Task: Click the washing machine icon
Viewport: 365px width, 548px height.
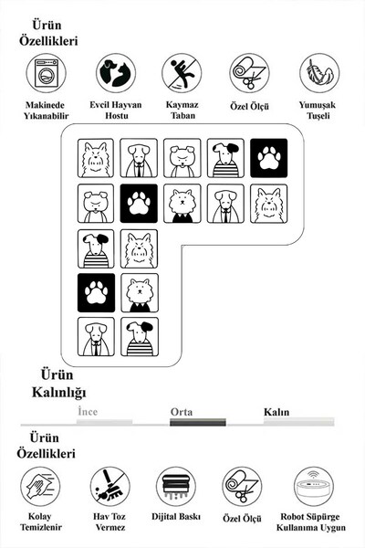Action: pyautogui.click(x=47, y=73)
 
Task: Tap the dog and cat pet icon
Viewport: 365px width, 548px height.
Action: pyautogui.click(x=116, y=73)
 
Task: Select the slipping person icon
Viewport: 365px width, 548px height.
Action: pyautogui.click(x=182, y=73)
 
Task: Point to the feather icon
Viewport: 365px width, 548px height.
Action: pyautogui.click(x=318, y=73)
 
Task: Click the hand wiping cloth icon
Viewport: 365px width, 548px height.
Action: pyautogui.click(x=40, y=487)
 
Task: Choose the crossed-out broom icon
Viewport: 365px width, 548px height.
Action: pyautogui.click(x=110, y=487)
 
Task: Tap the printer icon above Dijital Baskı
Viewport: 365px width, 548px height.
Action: pyautogui.click(x=176, y=487)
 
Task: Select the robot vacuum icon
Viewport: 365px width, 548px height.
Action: pyautogui.click(x=313, y=487)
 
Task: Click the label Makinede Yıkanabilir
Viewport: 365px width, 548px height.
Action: pyautogui.click(x=47, y=111)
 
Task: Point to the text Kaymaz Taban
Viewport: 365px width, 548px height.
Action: pyautogui.click(x=182, y=111)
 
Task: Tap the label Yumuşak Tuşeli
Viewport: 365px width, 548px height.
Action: pyautogui.click(x=318, y=111)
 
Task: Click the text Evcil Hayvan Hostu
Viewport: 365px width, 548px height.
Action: pyautogui.click(x=116, y=111)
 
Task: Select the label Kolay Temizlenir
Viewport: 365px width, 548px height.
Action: pyautogui.click(x=40, y=522)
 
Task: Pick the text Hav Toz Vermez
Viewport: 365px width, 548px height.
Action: pyautogui.click(x=109, y=522)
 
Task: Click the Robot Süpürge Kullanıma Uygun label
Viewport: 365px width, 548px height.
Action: pyautogui.click(x=311, y=522)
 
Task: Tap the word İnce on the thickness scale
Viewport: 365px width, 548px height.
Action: pyautogui.click(x=88, y=411)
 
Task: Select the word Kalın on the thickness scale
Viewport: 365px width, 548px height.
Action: pyautogui.click(x=276, y=412)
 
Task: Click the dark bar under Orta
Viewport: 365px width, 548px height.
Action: pyautogui.click(x=198, y=422)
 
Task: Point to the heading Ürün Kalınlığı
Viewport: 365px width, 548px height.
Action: pyautogui.click(x=58, y=384)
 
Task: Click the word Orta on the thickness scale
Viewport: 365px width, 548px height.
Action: pyautogui.click(x=182, y=412)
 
